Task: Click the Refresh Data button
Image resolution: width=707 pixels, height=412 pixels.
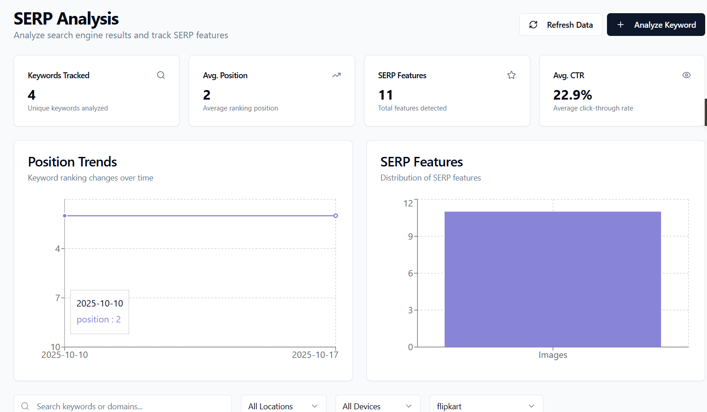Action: [x=561, y=25]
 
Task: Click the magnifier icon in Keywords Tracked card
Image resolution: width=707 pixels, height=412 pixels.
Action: [x=161, y=75]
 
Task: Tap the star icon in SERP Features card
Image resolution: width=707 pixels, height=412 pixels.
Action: [x=511, y=75]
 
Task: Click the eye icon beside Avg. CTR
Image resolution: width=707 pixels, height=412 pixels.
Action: [x=687, y=75]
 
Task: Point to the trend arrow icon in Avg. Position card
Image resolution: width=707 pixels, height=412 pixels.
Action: [x=336, y=75]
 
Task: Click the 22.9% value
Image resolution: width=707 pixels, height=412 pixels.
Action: [x=572, y=95]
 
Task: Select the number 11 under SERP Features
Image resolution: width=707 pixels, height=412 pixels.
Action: [x=386, y=95]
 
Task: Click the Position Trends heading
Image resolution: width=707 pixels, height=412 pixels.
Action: [x=72, y=162]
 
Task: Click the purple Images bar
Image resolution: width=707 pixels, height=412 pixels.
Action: [x=552, y=279]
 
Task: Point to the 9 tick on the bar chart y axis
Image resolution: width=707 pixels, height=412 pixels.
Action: [x=411, y=236]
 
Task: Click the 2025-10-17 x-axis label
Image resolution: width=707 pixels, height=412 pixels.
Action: [x=315, y=355]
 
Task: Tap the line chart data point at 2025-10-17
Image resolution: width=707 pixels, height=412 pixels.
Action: [x=336, y=216]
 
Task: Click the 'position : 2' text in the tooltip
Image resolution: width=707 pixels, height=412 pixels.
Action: [x=99, y=320]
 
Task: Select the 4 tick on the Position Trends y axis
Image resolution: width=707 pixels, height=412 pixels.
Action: [x=58, y=249]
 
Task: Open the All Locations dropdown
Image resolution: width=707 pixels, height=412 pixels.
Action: [x=283, y=406]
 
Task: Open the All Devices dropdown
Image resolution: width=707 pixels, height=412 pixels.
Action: [x=377, y=406]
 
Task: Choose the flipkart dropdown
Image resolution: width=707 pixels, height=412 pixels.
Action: [x=486, y=406]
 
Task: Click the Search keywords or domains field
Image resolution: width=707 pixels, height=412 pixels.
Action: [x=127, y=406]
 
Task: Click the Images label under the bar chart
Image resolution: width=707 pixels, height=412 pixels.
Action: [x=553, y=355]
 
